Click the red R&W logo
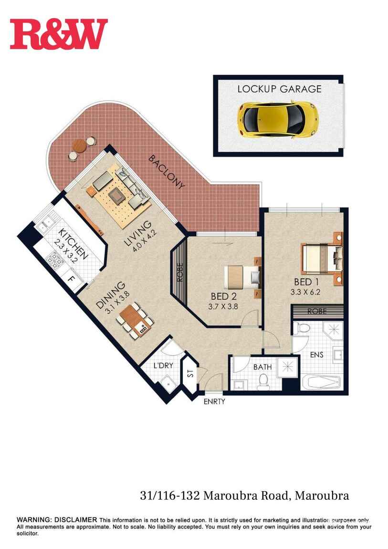pyautogui.click(x=59, y=34)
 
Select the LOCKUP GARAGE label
pyautogui.click(x=279, y=89)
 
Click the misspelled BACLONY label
pyautogui.click(x=166, y=172)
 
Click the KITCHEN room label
pyautogui.click(x=74, y=244)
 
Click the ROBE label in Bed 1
pyautogui.click(x=316, y=311)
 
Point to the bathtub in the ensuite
pyautogui.click(x=321, y=383)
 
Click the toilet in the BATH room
pyautogui.click(x=262, y=381)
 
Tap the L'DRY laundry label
pyautogui.click(x=163, y=366)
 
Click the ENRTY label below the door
pyautogui.click(x=214, y=401)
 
